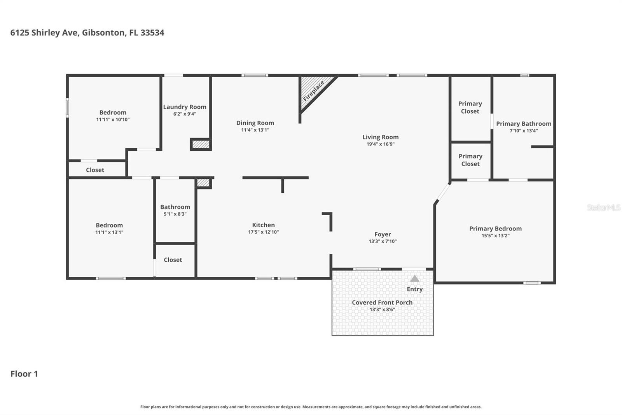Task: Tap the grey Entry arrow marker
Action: pyautogui.click(x=415, y=279)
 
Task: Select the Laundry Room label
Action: pyautogui.click(x=185, y=107)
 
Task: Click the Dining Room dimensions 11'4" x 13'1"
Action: pyautogui.click(x=255, y=130)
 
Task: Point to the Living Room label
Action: pyautogui.click(x=380, y=137)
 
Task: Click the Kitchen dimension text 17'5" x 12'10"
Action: pyautogui.click(x=264, y=232)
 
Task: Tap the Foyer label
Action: pyautogui.click(x=383, y=234)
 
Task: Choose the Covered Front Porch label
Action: pyautogui.click(x=382, y=302)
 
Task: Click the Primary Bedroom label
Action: pyautogui.click(x=495, y=229)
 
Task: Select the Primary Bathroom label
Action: pyautogui.click(x=523, y=124)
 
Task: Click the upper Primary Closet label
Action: pyautogui.click(x=470, y=107)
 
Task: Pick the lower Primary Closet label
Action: pyautogui.click(x=470, y=160)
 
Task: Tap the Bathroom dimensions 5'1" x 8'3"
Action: pyautogui.click(x=175, y=214)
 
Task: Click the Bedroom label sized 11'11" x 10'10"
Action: pyautogui.click(x=113, y=113)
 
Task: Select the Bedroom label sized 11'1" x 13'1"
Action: pyautogui.click(x=109, y=225)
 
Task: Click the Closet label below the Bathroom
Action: pyautogui.click(x=173, y=260)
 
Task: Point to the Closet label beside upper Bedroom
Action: pyautogui.click(x=95, y=170)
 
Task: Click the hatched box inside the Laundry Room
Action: pyautogui.click(x=201, y=144)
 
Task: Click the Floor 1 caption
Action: pyautogui.click(x=24, y=374)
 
